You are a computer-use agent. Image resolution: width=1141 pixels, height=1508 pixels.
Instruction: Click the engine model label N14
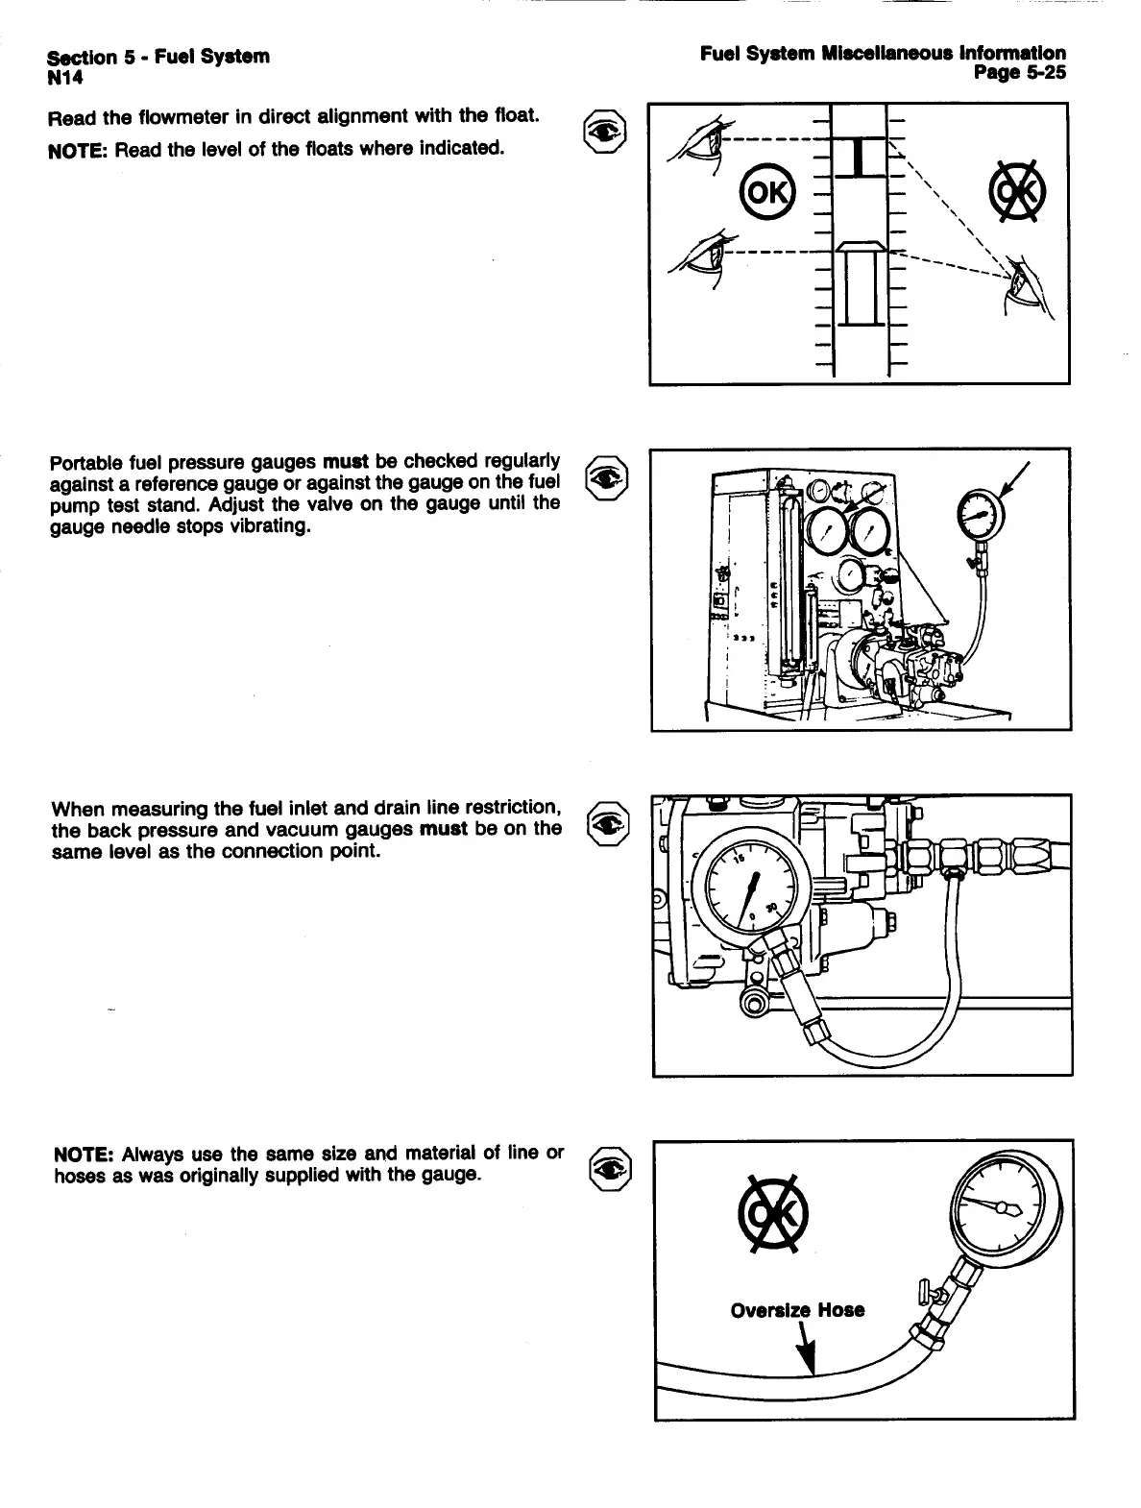63,75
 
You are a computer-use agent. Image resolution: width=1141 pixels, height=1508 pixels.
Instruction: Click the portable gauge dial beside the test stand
980,514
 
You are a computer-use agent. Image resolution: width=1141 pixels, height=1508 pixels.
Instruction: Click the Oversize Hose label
797,1310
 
